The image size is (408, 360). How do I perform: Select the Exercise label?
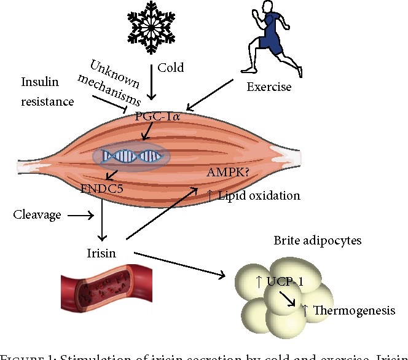coord(268,87)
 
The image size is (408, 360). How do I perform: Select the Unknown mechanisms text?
coord(115,81)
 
